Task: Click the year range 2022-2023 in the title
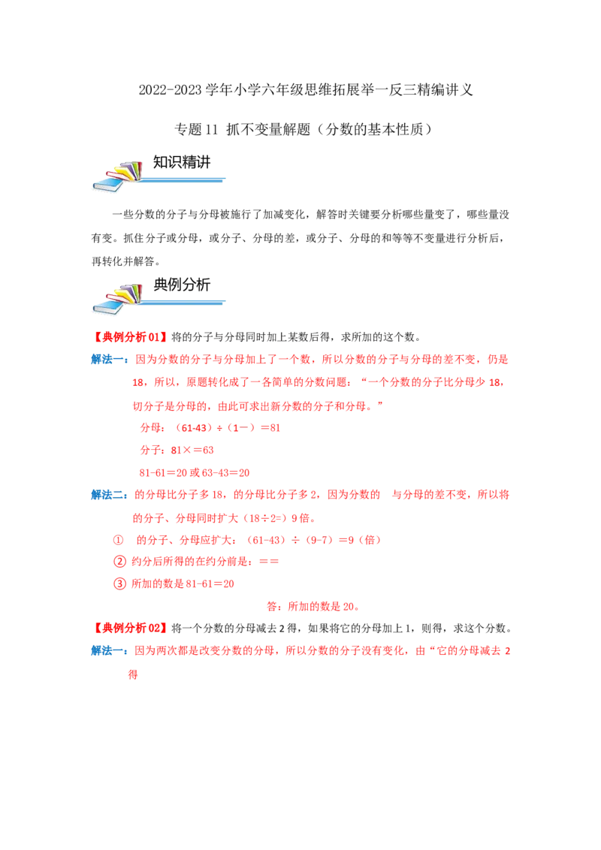pos(171,89)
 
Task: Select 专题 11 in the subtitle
pos(196,129)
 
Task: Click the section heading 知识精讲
pos(182,162)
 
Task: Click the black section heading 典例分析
pos(182,285)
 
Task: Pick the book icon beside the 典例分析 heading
pos(117,299)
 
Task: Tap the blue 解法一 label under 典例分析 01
pos(110,360)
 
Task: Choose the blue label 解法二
pos(110,494)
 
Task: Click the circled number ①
pos(118,540)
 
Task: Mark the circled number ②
pos(119,562)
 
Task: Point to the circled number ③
pos(119,584)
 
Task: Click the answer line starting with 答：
pos(313,606)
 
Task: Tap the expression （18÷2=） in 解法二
pos(264,517)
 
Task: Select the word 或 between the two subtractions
pos(194,473)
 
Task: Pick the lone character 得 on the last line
pos(133,674)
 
